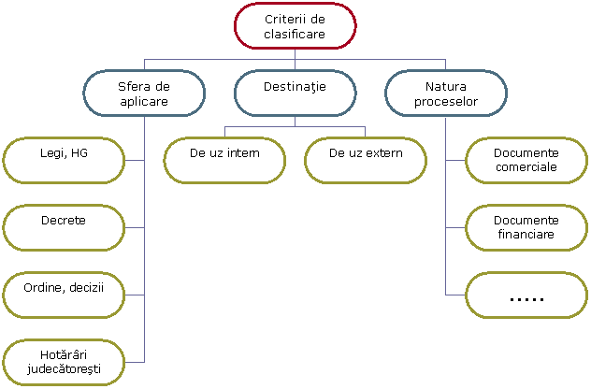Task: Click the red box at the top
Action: pyautogui.click(x=295, y=25)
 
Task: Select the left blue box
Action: pyautogui.click(x=144, y=93)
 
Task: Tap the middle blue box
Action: pyautogui.click(x=295, y=93)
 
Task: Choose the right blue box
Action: pyautogui.click(x=446, y=93)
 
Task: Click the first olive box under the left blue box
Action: pyautogui.click(x=64, y=160)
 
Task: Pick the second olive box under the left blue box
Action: pyautogui.click(x=64, y=227)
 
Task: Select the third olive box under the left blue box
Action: pyautogui.click(x=64, y=295)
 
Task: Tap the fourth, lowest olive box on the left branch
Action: pyautogui.click(x=64, y=362)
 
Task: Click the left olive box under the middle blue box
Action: pyautogui.click(x=224, y=160)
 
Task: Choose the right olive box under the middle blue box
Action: pyautogui.click(x=366, y=160)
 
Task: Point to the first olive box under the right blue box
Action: pyautogui.click(x=526, y=160)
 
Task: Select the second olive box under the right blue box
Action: pyautogui.click(x=526, y=227)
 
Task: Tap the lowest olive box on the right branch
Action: pyautogui.click(x=526, y=295)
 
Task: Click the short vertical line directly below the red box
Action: pyautogui.click(x=295, y=53)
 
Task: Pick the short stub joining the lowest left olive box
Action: pyautogui.click(x=135, y=362)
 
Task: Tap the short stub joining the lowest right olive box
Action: pyautogui.click(x=455, y=295)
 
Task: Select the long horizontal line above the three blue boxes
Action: pyautogui.click(x=220, y=59)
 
